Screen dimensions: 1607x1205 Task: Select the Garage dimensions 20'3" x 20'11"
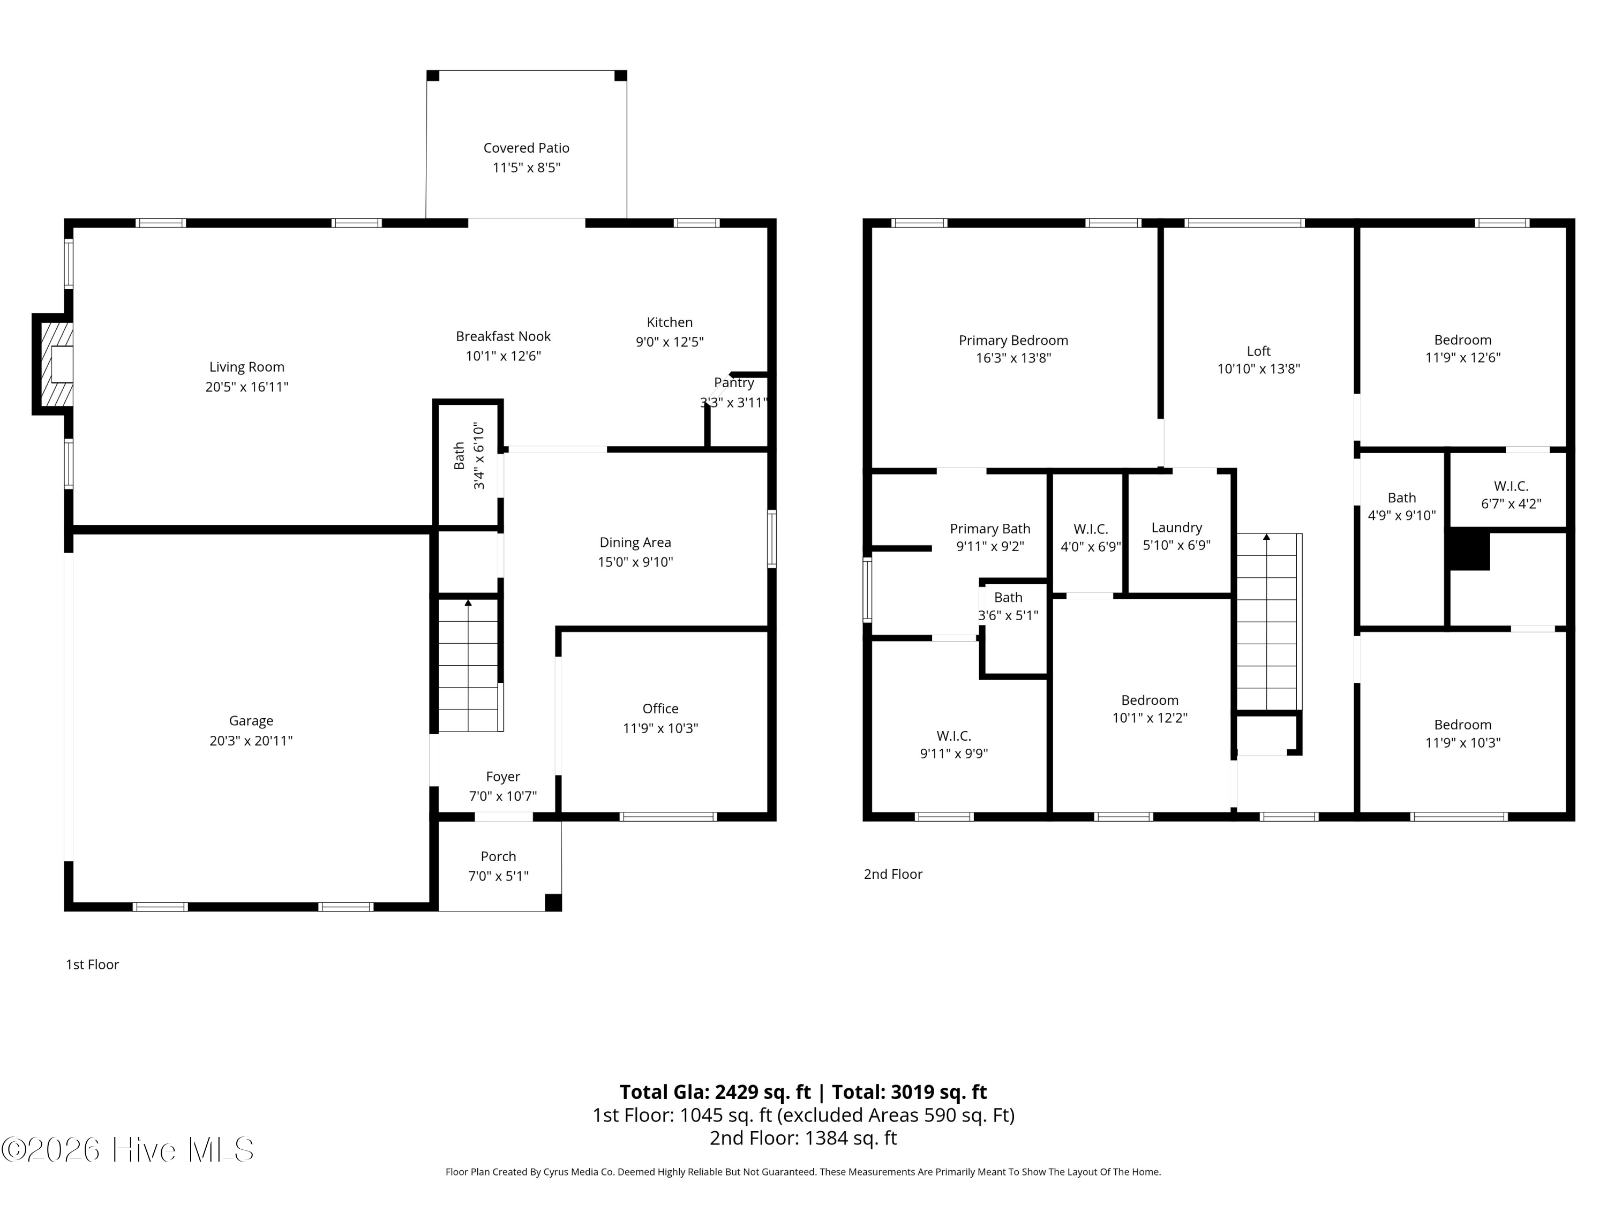pos(251,741)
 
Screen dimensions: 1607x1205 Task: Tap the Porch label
pos(498,857)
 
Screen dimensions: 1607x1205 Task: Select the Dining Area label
pos(635,543)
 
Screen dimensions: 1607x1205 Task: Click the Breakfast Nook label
pos(503,336)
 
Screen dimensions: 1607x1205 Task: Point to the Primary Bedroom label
pos(1013,341)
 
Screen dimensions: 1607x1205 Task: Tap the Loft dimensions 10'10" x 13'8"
pos(1259,369)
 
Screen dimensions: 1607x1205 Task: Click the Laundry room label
pos(1177,528)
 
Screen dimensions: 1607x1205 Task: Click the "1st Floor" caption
pos(92,965)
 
